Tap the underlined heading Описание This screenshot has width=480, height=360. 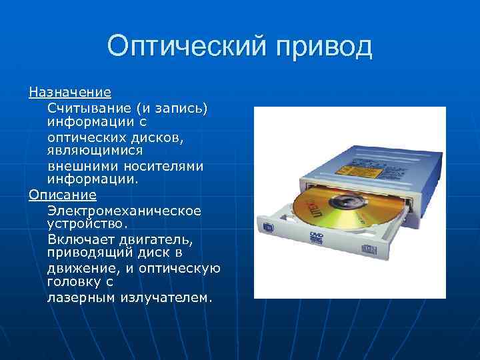click(x=62, y=194)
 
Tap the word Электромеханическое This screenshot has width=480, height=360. click(x=124, y=210)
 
